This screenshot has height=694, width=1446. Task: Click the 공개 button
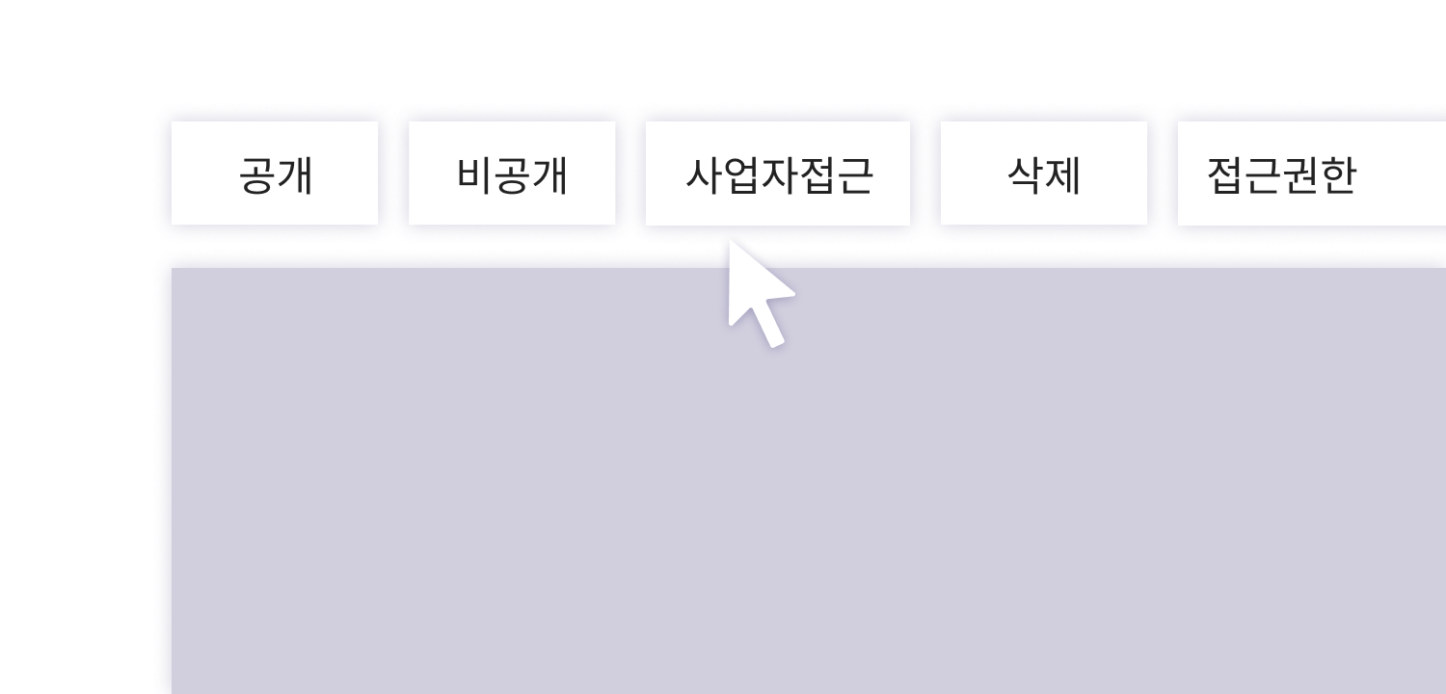click(x=275, y=173)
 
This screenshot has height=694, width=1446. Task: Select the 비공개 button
click(x=512, y=173)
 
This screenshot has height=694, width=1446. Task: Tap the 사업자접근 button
click(x=778, y=173)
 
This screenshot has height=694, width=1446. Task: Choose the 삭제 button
click(x=1044, y=173)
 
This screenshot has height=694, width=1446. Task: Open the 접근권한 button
click(x=1312, y=173)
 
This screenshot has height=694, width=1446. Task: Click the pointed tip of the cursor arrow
click(x=730, y=241)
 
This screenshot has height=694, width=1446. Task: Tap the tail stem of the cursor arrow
click(x=769, y=326)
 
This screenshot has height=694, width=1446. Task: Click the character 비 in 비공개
click(x=475, y=175)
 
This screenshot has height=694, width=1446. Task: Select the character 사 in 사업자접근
click(x=705, y=175)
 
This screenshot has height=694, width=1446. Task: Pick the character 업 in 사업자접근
click(x=741, y=175)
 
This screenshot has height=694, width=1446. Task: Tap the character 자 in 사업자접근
click(x=780, y=175)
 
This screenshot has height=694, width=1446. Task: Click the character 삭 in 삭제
click(x=1027, y=175)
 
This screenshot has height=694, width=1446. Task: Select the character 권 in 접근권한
click(x=1301, y=175)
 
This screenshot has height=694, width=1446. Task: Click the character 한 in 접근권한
click(x=1339, y=175)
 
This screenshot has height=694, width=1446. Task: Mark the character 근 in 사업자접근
click(x=855, y=175)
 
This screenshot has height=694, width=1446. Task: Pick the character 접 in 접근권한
click(x=1226, y=175)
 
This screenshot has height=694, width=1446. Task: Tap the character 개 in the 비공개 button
click(x=550, y=175)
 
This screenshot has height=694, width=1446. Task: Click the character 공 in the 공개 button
click(x=257, y=175)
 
